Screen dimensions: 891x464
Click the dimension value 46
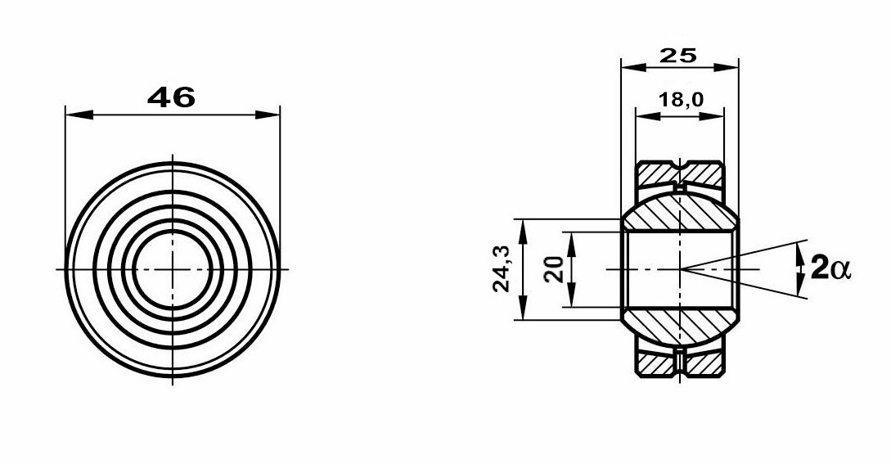point(171,98)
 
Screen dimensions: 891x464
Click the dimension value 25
point(677,55)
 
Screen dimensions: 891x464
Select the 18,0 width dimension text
point(681,100)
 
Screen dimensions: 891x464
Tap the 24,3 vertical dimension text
point(502,268)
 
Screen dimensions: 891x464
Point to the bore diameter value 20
point(553,269)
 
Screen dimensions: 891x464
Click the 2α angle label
point(830,268)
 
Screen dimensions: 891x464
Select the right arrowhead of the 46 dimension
point(267,115)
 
